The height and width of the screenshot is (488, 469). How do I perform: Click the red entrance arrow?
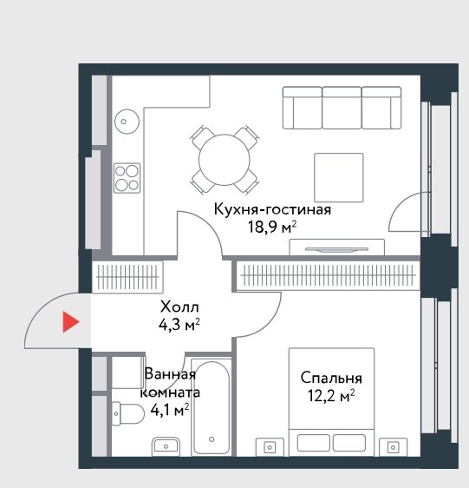click(x=70, y=321)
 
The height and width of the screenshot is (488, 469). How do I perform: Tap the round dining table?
click(x=224, y=160)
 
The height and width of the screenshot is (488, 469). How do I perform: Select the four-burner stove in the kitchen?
click(x=127, y=178)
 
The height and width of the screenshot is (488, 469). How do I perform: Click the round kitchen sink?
click(x=127, y=122)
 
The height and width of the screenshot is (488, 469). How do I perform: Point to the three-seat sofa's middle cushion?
click(x=342, y=108)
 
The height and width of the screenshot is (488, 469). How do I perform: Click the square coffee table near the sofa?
click(x=339, y=177)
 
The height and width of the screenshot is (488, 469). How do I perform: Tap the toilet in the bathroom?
click(x=127, y=413)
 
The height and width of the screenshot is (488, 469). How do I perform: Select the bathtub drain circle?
click(x=212, y=439)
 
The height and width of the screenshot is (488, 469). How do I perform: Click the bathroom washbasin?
click(x=166, y=446)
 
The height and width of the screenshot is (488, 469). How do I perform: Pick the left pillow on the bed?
click(x=313, y=443)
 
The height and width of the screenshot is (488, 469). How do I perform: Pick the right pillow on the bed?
click(x=349, y=443)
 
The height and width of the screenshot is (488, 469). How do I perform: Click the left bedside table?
click(x=270, y=447)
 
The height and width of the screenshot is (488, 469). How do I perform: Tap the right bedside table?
click(x=394, y=447)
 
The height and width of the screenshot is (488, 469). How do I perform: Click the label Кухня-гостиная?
click(x=272, y=210)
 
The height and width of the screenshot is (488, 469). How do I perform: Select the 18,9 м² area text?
click(x=272, y=228)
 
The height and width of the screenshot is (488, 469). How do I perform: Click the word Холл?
click(x=179, y=307)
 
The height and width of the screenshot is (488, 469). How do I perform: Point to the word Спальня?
click(x=331, y=379)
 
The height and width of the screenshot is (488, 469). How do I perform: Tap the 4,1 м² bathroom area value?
click(x=170, y=410)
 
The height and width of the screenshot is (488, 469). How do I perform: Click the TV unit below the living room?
click(x=337, y=247)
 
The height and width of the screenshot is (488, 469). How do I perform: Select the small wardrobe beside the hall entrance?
click(x=127, y=277)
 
